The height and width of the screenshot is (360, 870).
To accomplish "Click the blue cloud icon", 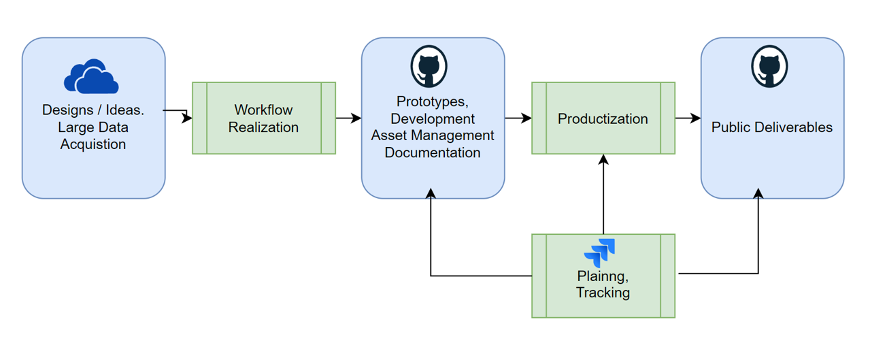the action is click(91, 77).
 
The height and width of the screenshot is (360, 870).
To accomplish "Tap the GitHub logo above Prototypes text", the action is click(429, 66).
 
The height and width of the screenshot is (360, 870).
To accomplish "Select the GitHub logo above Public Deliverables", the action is click(769, 66).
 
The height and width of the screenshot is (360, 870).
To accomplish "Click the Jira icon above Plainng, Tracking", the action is click(600, 252).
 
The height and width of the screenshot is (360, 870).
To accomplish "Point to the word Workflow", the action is click(263, 110).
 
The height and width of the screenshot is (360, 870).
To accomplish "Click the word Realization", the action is click(263, 127).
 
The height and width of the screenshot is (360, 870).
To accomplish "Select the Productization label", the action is click(603, 118).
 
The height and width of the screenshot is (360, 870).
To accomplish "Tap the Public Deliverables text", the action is click(772, 127).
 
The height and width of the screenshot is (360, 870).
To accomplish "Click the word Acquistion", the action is click(93, 144).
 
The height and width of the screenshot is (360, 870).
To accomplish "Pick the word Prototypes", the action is click(433, 101).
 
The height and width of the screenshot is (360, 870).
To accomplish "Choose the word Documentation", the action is click(433, 153).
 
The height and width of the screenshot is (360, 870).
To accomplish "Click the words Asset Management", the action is click(433, 135).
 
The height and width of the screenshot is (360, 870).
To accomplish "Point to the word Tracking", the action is click(603, 293).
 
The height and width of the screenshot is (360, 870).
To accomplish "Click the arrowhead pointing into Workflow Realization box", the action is click(187, 118).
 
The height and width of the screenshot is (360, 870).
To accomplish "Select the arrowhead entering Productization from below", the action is click(603, 159).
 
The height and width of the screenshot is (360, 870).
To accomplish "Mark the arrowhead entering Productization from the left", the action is click(526, 118).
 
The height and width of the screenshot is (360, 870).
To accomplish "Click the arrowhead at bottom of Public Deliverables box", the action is click(758, 193).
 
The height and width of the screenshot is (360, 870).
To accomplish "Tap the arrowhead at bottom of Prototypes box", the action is click(431, 193).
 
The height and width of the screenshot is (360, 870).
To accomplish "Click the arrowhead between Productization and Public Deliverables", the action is click(696, 118).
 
